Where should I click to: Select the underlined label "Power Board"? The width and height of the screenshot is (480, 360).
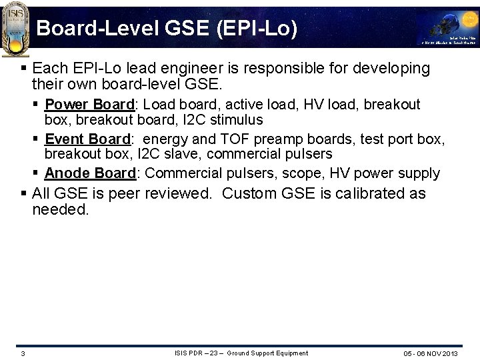pyautogui.click(x=90, y=105)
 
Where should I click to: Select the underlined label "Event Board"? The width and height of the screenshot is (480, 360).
pyautogui.click(x=87, y=139)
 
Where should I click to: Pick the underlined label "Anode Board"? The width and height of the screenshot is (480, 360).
pyautogui.click(x=90, y=173)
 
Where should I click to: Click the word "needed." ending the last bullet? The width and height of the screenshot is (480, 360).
pyautogui.click(x=60, y=210)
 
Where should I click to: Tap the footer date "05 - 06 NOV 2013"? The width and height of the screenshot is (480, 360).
pyautogui.click(x=430, y=353)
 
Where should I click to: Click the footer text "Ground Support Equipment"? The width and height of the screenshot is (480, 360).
pyautogui.click(x=267, y=353)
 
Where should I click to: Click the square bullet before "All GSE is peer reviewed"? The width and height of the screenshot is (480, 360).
pyautogui.click(x=25, y=194)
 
